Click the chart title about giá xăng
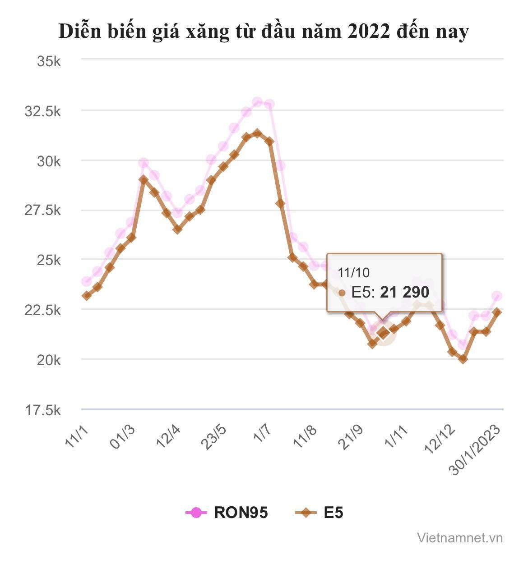point(264,32)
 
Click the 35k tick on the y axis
point(48,61)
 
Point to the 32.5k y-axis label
point(42,111)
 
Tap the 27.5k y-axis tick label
point(42,211)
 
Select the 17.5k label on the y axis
point(42,410)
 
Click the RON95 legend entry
point(227,513)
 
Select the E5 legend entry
point(320,513)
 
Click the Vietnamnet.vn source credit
point(459,537)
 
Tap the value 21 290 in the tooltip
point(404,293)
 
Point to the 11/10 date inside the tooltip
point(354,272)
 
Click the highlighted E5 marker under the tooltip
point(383,333)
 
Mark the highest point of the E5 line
point(257,133)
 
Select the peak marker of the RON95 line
point(257,102)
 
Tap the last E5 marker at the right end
point(497,312)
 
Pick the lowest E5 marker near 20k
point(463,359)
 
